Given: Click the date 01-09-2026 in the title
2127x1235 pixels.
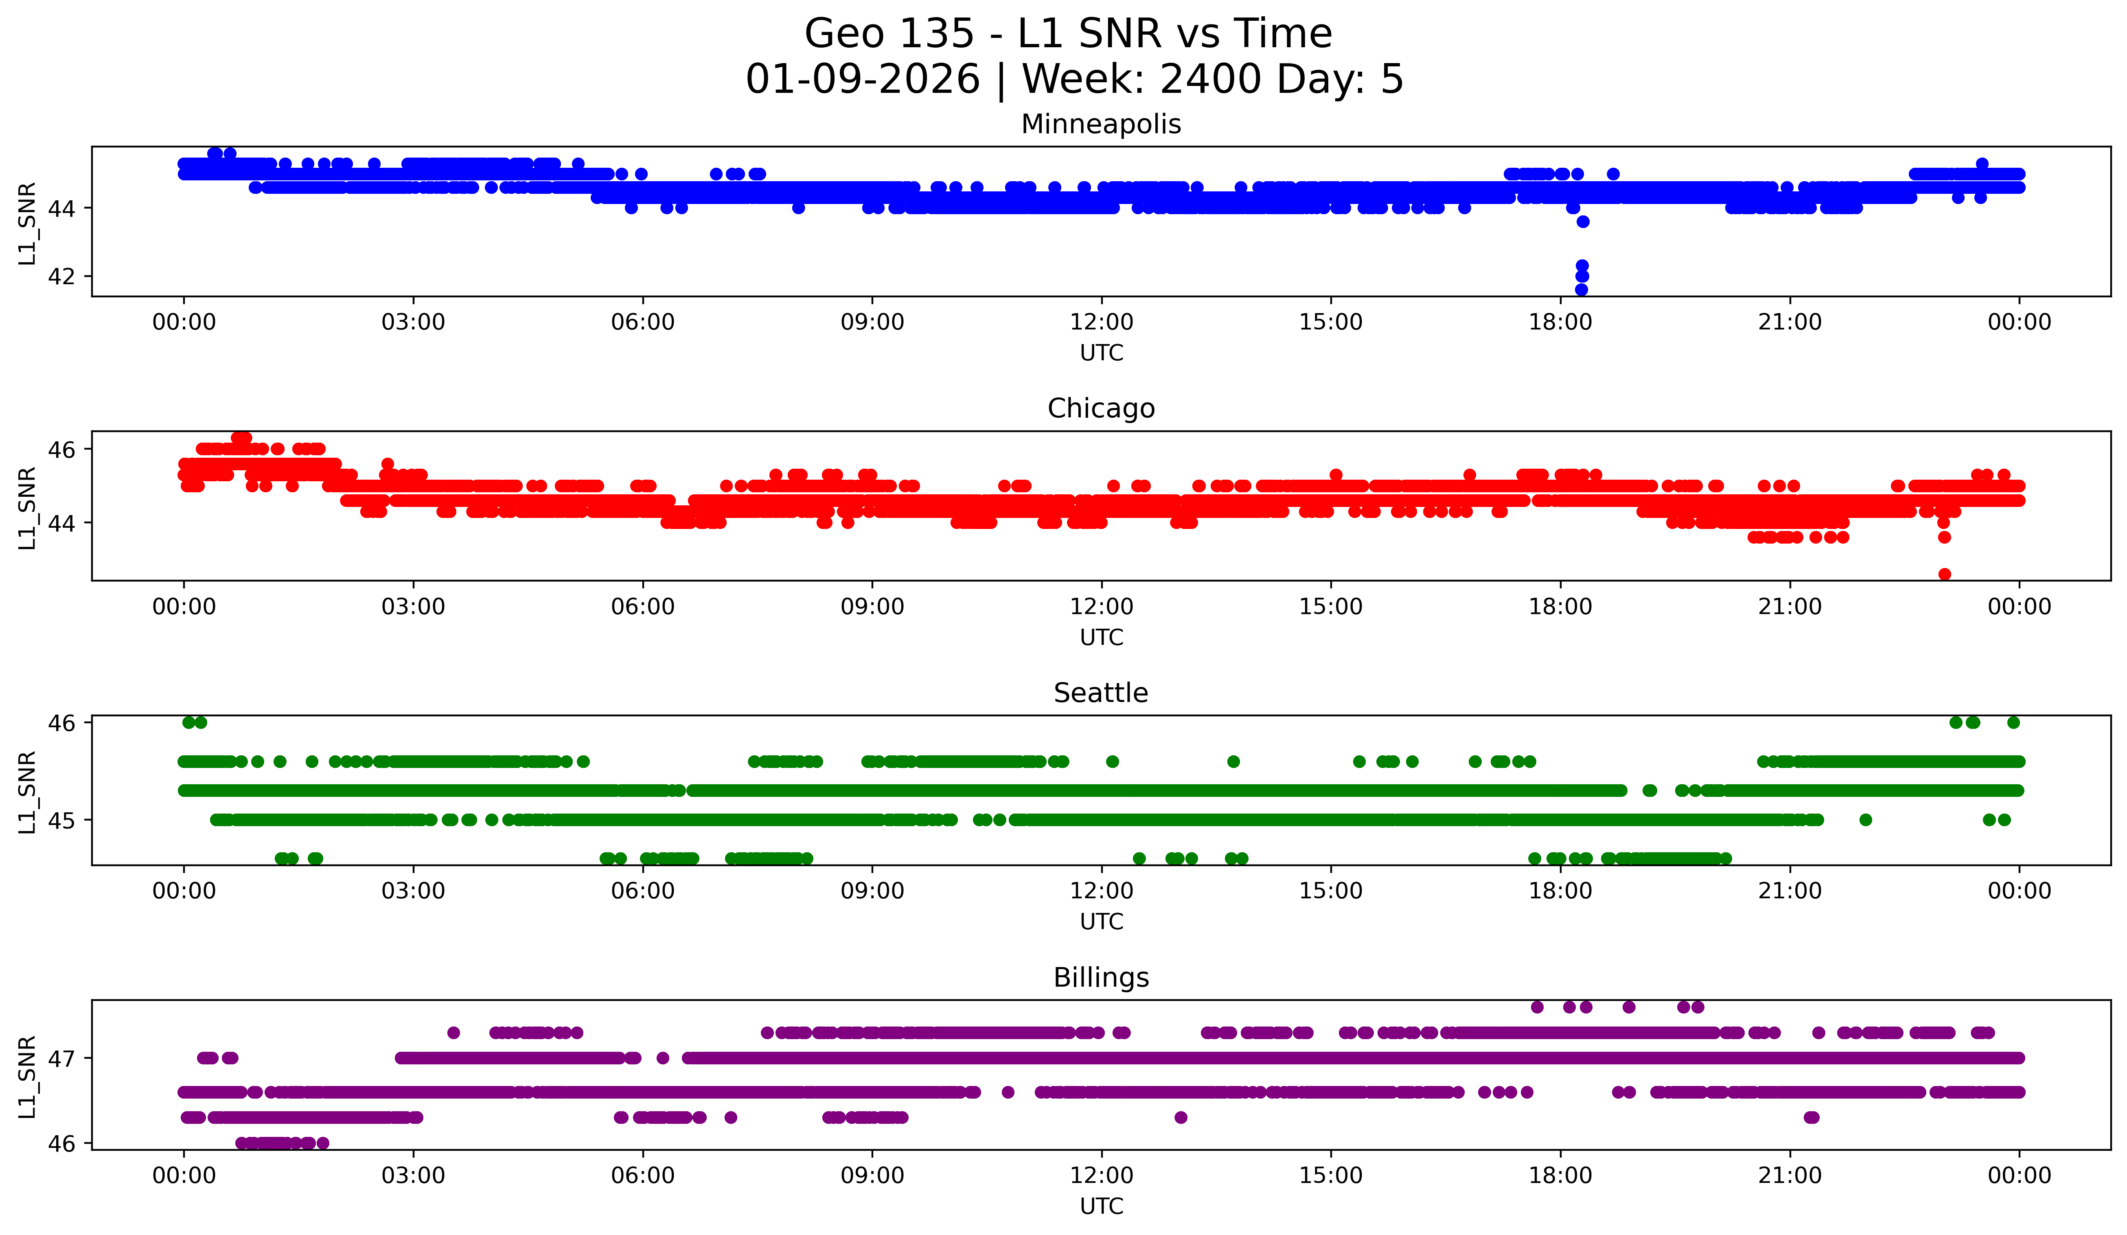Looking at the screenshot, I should [x=863, y=79].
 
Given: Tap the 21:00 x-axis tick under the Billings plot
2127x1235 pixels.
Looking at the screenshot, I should [x=1790, y=1176].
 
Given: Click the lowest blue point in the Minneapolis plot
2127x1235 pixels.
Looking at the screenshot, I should [x=1582, y=290].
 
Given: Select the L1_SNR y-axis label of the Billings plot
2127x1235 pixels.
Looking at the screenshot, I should [x=27, y=1076].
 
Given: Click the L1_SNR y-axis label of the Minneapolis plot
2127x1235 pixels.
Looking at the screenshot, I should [x=27, y=223].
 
